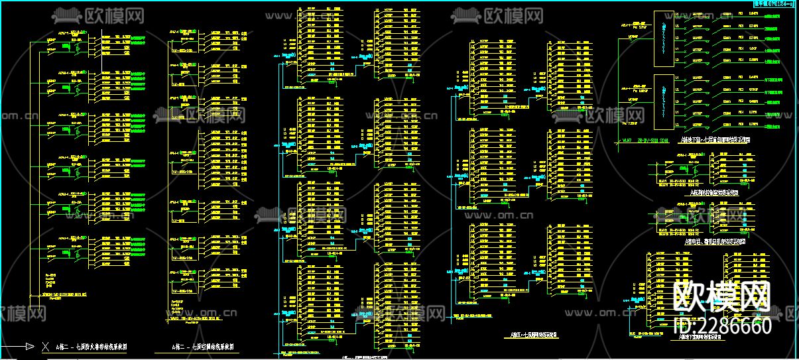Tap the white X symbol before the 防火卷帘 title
pyautogui.click(x=45, y=346)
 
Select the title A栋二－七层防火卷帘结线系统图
pyautogui.click(x=92, y=347)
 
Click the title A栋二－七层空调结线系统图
pyautogui.click(x=205, y=347)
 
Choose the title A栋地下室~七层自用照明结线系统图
pyautogui.click(x=715, y=140)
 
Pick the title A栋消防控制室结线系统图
pyautogui.click(x=714, y=192)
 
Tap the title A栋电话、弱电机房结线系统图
pyautogui.click(x=714, y=242)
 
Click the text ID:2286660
pyautogui.click(x=723, y=326)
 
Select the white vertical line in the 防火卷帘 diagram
pyautogui.click(x=31, y=166)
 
